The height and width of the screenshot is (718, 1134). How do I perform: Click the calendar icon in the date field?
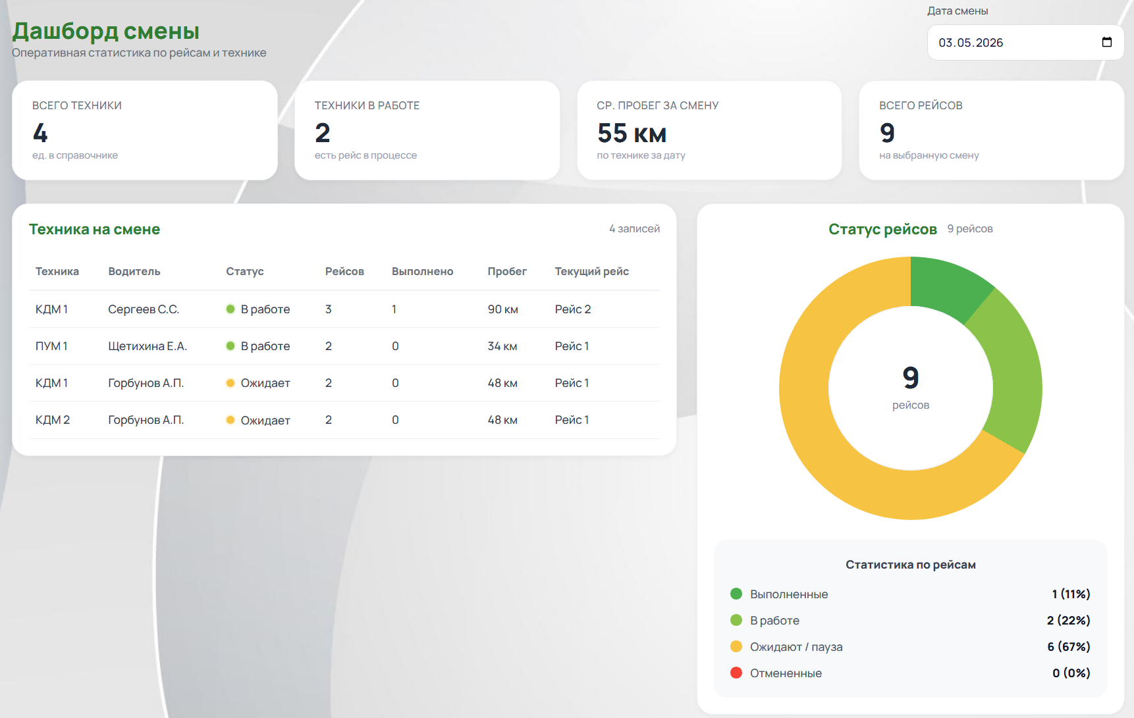[1107, 42]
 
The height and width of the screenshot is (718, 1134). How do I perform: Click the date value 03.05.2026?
[971, 43]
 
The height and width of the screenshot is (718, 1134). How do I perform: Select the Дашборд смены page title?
[106, 31]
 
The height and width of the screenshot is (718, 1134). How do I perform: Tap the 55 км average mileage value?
[632, 133]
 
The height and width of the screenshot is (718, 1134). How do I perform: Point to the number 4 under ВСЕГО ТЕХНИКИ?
[40, 133]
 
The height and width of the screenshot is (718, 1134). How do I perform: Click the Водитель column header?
[134, 271]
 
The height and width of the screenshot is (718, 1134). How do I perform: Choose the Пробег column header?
[507, 271]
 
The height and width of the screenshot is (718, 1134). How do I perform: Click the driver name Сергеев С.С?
[144, 309]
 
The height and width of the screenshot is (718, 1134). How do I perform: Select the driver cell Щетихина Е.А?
[148, 346]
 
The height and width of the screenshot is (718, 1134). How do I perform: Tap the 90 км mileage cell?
[502, 309]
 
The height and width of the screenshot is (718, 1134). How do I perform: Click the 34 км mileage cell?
[502, 346]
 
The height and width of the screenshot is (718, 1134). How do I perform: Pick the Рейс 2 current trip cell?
[573, 309]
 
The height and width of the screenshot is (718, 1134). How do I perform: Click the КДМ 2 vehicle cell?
[53, 420]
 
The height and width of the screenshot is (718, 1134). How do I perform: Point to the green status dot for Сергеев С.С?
[230, 309]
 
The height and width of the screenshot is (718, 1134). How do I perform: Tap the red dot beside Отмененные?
[736, 673]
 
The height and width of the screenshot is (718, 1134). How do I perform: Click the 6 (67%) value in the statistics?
[1069, 647]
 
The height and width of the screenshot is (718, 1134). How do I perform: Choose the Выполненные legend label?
[789, 594]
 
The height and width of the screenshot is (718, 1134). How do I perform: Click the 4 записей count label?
[634, 229]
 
